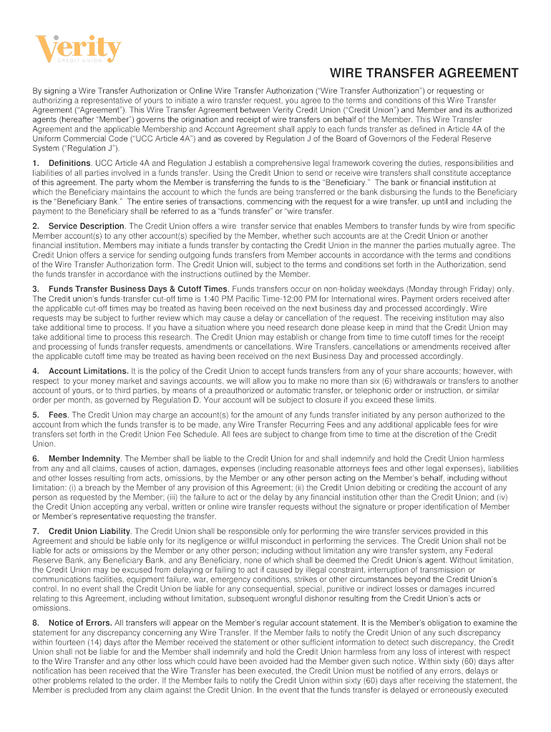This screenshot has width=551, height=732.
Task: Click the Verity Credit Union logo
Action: coord(78,50)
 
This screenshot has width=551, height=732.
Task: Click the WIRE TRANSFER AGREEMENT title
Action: coord(424,74)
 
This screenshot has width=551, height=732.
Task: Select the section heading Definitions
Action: coord(69,164)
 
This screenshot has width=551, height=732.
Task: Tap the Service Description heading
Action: coord(87,226)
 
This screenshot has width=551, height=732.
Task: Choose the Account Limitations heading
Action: coord(88,371)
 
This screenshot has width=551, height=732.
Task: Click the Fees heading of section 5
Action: coord(58,415)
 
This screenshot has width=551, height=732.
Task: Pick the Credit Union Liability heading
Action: coord(89,531)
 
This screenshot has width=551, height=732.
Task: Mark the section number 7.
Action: coord(35,531)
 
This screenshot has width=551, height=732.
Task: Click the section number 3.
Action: coord(35,288)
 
